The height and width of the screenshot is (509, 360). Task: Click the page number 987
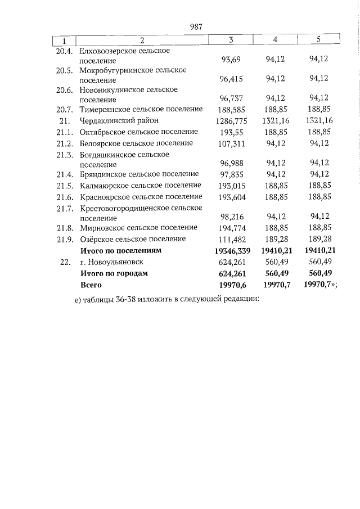click(x=196, y=26)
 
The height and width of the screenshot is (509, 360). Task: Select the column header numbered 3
click(x=231, y=40)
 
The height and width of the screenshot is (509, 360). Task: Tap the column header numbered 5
click(x=318, y=39)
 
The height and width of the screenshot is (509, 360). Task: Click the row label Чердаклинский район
click(x=119, y=120)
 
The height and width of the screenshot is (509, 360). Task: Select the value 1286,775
click(x=231, y=120)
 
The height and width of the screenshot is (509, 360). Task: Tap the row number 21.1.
click(x=65, y=132)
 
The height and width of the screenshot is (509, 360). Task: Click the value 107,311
click(x=231, y=143)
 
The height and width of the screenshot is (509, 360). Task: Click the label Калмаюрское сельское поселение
click(x=140, y=185)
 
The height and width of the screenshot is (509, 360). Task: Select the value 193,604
click(x=231, y=196)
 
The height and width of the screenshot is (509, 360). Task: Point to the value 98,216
click(x=231, y=217)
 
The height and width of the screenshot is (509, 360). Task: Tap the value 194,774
click(x=231, y=228)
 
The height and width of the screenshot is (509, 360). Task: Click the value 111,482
click(x=231, y=239)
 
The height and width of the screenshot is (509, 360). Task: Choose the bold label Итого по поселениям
click(x=120, y=250)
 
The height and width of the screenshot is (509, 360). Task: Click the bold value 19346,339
click(x=231, y=250)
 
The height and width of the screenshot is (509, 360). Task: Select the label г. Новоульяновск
click(x=111, y=262)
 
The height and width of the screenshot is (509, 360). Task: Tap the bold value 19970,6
click(x=231, y=285)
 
